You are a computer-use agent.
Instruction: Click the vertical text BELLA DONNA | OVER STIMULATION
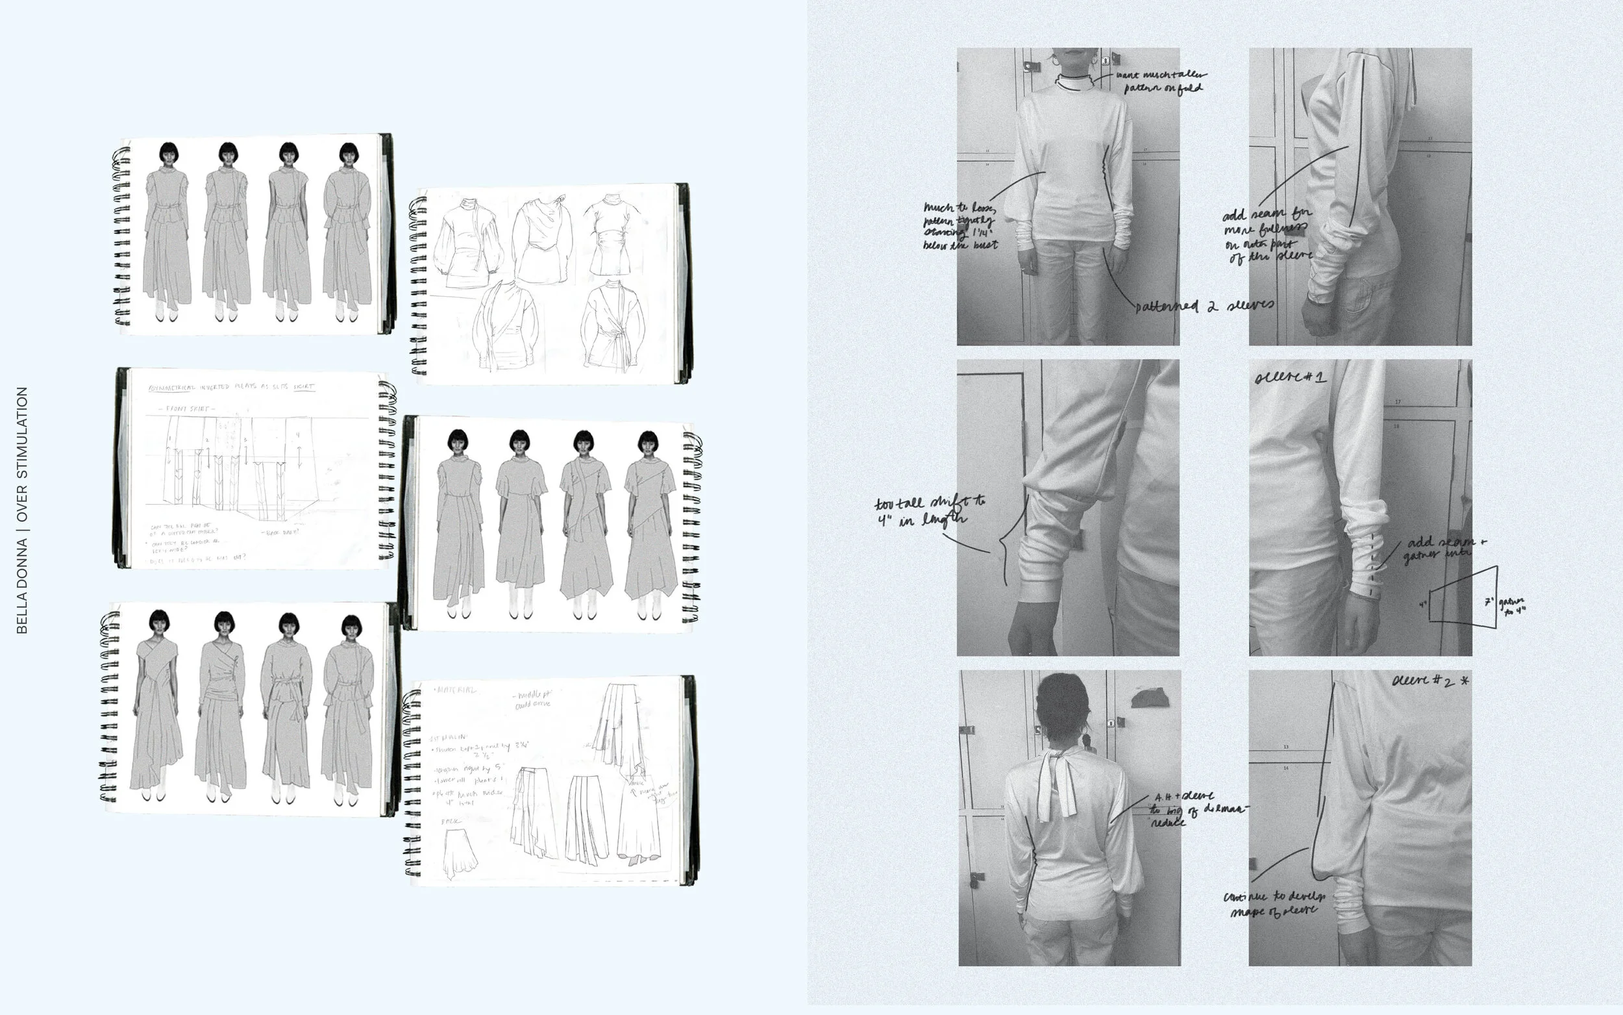click(21, 510)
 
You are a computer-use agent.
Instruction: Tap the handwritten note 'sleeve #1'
click(1289, 377)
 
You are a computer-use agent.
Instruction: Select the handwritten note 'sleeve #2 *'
click(1430, 681)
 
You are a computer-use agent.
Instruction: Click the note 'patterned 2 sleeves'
click(1204, 306)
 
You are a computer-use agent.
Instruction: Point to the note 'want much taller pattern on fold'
click(1161, 81)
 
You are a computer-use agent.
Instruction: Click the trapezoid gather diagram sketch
click(1463, 597)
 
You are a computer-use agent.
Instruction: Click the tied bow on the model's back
click(1057, 782)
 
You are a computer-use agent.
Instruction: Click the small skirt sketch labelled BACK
click(460, 853)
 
